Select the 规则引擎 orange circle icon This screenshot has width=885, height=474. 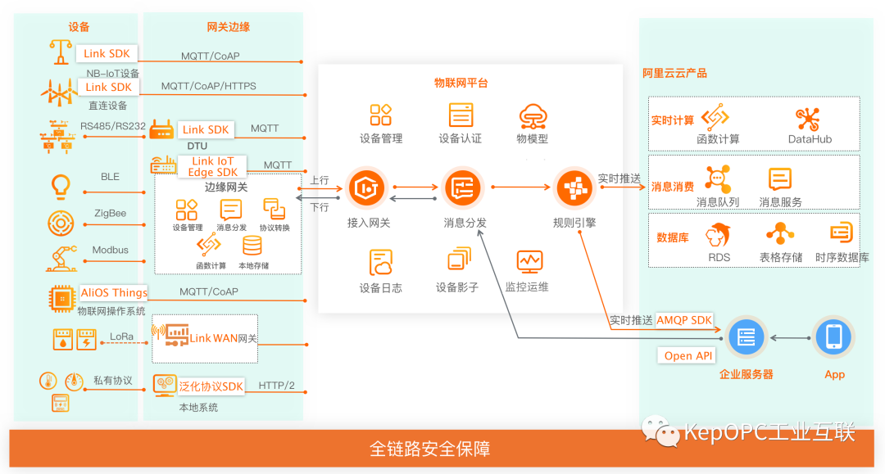(x=574, y=188)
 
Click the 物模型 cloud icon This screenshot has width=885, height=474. (x=532, y=116)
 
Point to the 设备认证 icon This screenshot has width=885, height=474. (x=461, y=115)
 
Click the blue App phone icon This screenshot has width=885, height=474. (x=833, y=336)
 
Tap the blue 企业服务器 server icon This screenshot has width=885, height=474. (x=746, y=337)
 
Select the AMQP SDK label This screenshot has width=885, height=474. (x=684, y=320)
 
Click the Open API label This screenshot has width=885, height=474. (x=688, y=355)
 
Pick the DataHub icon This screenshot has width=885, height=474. (x=810, y=119)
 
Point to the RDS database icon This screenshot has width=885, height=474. (x=719, y=235)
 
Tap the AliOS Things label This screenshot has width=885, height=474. (x=114, y=292)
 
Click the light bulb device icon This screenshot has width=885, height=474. (x=61, y=186)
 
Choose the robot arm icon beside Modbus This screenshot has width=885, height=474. (x=61, y=258)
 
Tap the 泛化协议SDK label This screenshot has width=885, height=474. (x=211, y=386)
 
